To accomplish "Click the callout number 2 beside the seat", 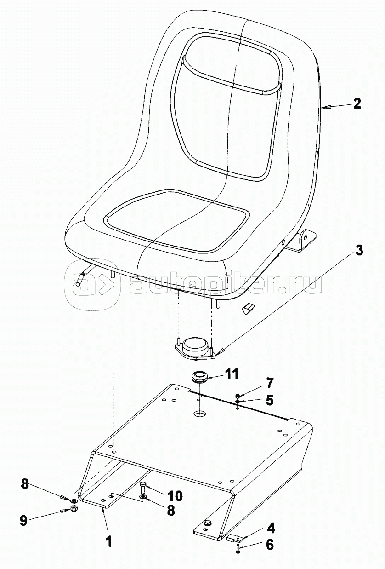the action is click(x=357, y=104).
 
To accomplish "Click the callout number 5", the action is click(x=269, y=401).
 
